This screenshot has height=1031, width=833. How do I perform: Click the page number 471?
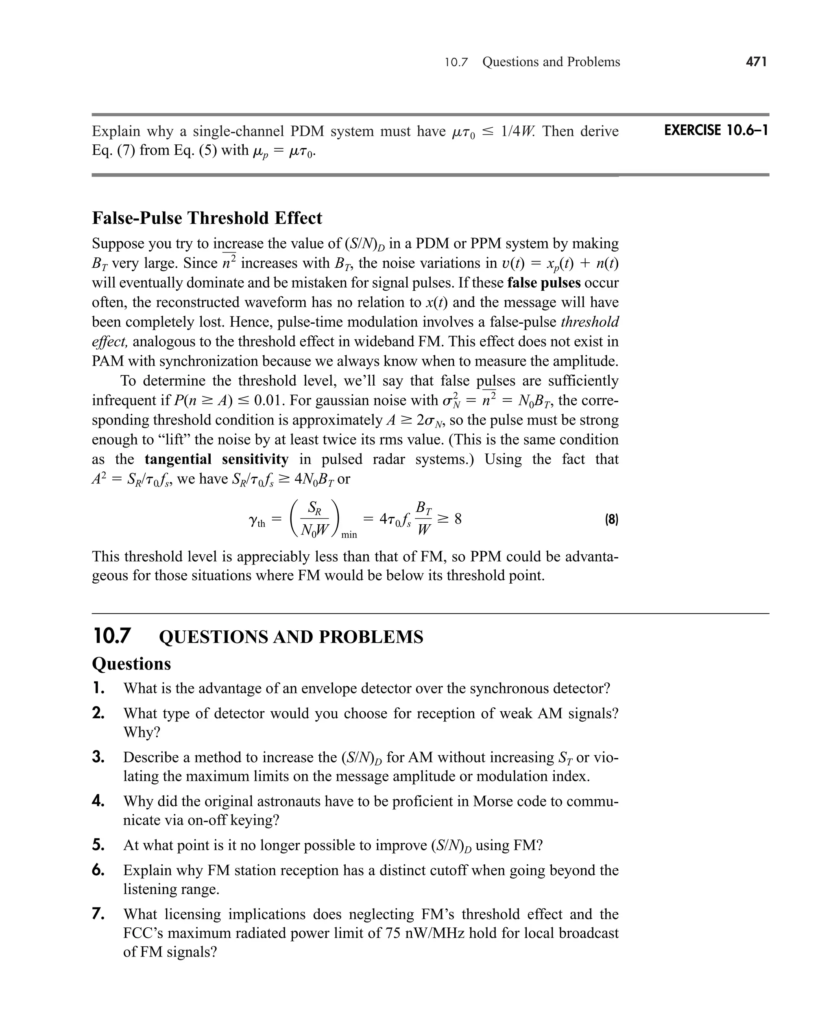756,62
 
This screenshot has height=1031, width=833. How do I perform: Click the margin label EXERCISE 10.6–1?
716,131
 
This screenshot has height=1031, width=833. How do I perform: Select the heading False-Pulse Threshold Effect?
207,218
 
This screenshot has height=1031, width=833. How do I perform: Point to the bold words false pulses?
544,283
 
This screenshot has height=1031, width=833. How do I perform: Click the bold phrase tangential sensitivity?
216,459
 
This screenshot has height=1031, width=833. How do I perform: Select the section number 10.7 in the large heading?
111,636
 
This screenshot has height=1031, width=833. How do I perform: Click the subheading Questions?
131,663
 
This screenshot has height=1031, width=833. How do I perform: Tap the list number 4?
98,801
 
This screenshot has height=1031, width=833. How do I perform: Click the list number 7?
98,914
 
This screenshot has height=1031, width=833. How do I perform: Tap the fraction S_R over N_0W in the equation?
314,519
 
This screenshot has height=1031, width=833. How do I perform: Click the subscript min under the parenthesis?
349,535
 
